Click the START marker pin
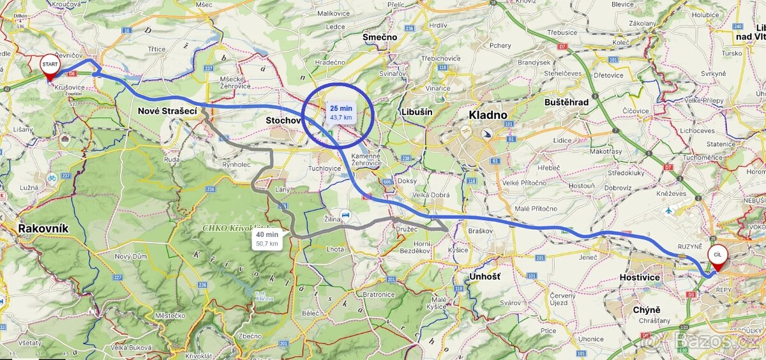coord(49,67)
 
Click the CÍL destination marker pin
coord(717,257)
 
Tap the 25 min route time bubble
coord(341,112)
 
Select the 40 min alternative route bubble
coord(267,239)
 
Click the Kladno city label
coord(488,116)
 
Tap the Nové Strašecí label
coord(167,111)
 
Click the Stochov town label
coord(283,120)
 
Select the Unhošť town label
coord(484,276)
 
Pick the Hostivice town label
coord(640,278)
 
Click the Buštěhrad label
coord(566,102)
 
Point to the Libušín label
coord(417,112)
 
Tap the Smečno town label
coord(380,38)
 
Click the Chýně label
coord(646,310)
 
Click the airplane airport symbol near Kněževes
coord(668,209)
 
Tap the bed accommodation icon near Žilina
coord(345,215)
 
